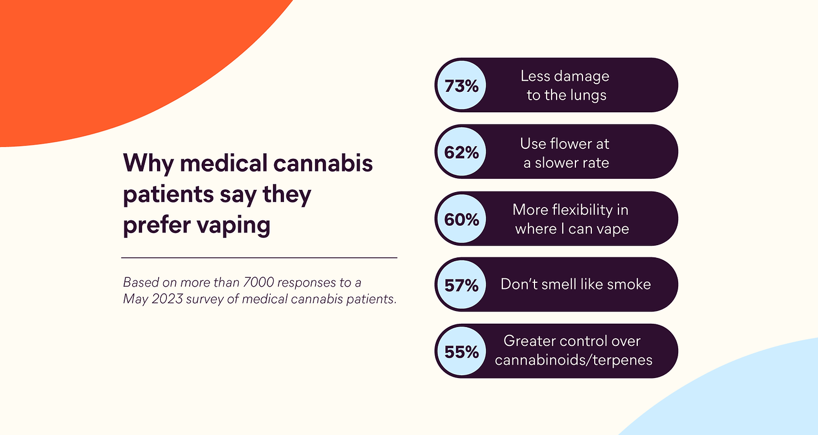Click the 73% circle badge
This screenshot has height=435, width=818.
462,86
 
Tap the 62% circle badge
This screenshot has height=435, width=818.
462,152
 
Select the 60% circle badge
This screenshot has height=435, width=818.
462,219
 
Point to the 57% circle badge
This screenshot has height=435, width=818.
462,285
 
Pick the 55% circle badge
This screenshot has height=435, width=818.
462,351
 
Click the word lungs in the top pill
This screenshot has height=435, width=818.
588,96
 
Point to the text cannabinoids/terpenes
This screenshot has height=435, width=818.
574,360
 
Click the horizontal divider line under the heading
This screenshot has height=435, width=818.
259,258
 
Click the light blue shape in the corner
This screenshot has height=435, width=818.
752,398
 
